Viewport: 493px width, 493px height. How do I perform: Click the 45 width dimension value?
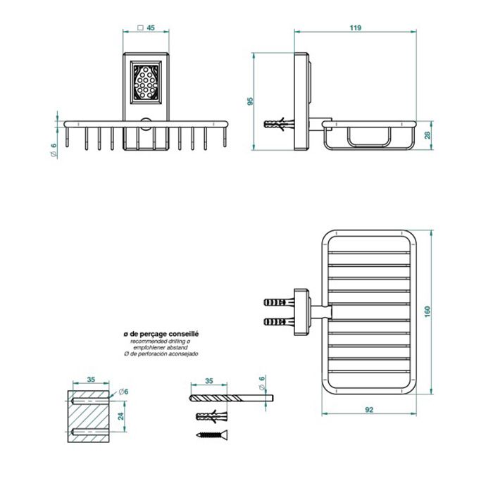pyautogui.click(x=151, y=29)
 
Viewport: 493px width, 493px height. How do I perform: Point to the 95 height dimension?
pyautogui.click(x=250, y=101)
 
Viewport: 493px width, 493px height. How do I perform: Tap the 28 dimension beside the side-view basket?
pyautogui.click(x=428, y=135)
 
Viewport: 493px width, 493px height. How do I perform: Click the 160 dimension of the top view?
pyautogui.click(x=428, y=311)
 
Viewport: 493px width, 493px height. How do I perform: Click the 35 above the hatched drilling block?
pyautogui.click(x=90, y=380)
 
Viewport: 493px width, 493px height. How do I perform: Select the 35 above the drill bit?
pyautogui.click(x=208, y=380)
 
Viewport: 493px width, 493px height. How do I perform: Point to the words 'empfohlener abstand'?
pyautogui.click(x=161, y=347)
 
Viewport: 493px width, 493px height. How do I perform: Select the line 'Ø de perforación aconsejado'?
pyautogui.click(x=161, y=354)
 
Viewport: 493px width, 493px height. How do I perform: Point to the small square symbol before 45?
pyautogui.click(x=140, y=29)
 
